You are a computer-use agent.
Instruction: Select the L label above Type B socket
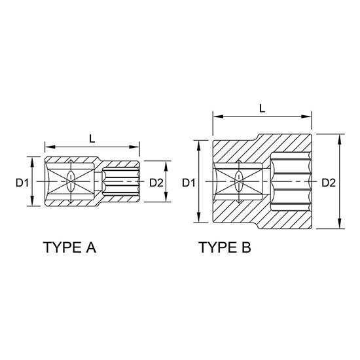pyautogui.click(x=262, y=109)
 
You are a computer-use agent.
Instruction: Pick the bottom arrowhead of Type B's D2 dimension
pyautogui.click(x=340, y=226)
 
